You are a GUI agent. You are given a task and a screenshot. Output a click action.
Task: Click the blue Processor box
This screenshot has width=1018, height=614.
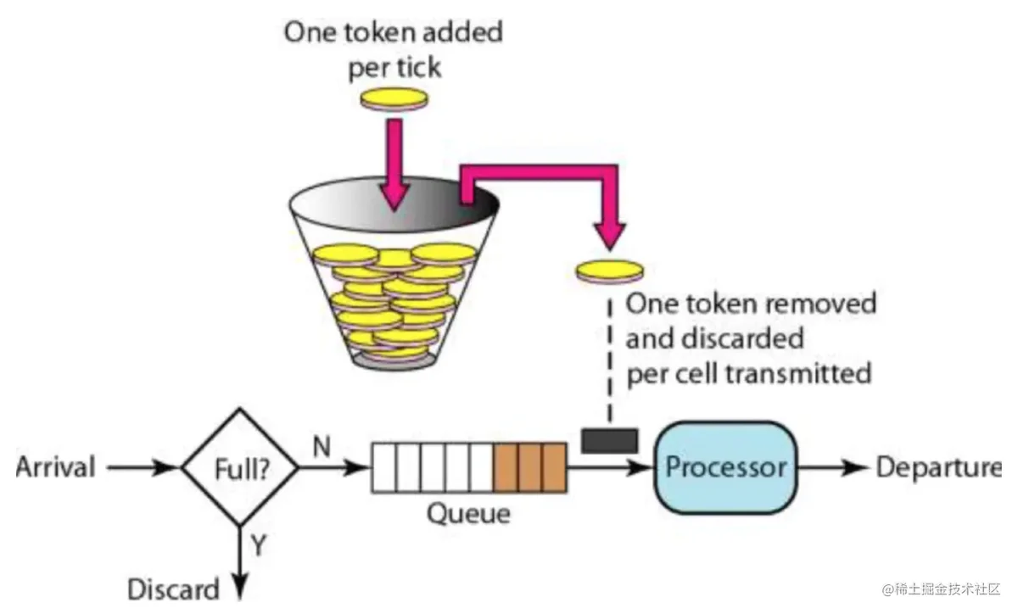[x=726, y=467]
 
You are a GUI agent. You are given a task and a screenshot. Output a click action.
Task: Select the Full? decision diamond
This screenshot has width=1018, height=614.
[x=240, y=467]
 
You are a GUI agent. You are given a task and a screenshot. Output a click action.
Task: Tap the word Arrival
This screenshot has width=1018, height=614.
[x=56, y=466]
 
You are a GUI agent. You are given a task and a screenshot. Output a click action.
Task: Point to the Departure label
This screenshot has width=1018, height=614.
[x=939, y=468]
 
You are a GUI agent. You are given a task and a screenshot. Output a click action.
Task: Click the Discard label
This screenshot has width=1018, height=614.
[x=174, y=589]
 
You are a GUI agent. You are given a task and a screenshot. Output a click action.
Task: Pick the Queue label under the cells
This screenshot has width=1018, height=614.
[x=468, y=514]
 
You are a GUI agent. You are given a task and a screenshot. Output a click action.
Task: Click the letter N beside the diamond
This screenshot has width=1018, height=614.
[x=322, y=446]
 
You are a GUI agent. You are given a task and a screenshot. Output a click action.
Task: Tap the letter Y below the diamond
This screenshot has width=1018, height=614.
[x=258, y=545]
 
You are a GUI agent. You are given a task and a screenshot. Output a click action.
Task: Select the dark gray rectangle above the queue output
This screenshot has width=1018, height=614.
[x=609, y=441]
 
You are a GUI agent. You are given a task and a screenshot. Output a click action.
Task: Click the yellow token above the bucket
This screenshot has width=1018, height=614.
[x=394, y=99]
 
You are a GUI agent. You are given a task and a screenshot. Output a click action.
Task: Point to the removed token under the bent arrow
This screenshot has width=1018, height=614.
[x=610, y=271]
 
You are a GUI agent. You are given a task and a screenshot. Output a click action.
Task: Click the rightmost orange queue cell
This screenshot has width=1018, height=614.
[x=555, y=467]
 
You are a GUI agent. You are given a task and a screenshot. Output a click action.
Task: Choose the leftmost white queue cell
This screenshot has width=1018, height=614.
[x=384, y=467]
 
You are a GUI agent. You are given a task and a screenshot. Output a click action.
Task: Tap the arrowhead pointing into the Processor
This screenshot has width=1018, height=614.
[x=640, y=467]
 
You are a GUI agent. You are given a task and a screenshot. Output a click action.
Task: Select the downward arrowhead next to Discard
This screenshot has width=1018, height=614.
[x=240, y=587]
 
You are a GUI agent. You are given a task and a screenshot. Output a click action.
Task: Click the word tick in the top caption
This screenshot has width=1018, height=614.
[x=419, y=68]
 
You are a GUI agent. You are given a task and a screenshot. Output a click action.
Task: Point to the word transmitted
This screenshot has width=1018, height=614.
[x=798, y=374]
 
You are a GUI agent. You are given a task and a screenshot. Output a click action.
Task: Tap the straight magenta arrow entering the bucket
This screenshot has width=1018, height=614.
[x=394, y=165]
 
